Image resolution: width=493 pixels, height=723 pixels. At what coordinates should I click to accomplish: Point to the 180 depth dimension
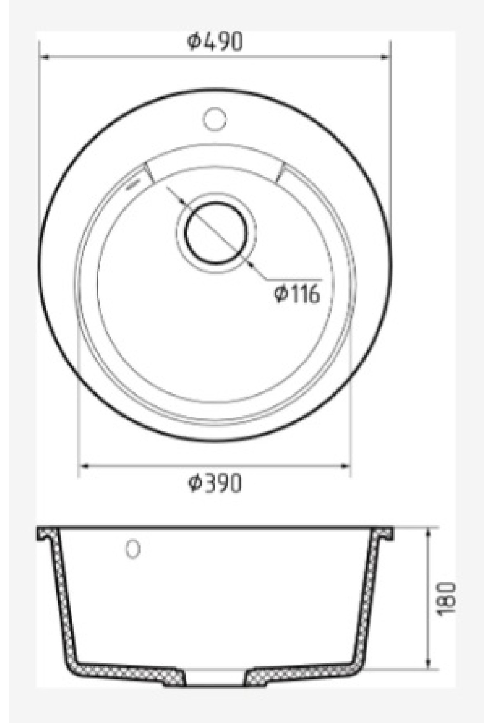tap(447, 598)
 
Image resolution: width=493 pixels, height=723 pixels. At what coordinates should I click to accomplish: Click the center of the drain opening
tap(217, 233)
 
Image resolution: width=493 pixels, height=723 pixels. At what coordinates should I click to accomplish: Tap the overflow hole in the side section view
tap(133, 549)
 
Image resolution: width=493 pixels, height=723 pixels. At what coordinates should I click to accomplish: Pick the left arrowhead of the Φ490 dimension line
tap(44, 57)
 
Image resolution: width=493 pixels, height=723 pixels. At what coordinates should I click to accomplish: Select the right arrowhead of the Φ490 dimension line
tap(385, 57)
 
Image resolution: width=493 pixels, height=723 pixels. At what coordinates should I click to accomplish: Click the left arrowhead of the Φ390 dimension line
tap(83, 466)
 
